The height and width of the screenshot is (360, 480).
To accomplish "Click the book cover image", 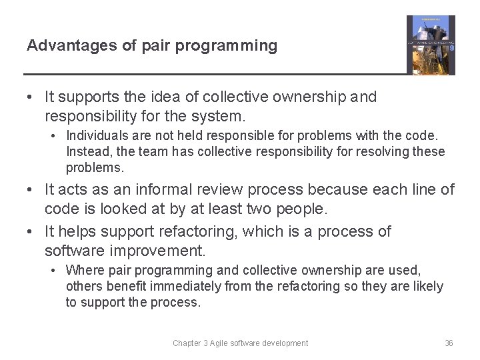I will (431, 45).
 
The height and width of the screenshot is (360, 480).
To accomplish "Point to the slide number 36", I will (449, 343).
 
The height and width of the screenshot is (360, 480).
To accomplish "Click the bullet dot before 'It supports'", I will (31, 97).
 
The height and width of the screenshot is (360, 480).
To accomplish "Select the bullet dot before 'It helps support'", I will (31, 232).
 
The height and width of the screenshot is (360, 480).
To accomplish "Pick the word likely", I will (427, 286).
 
